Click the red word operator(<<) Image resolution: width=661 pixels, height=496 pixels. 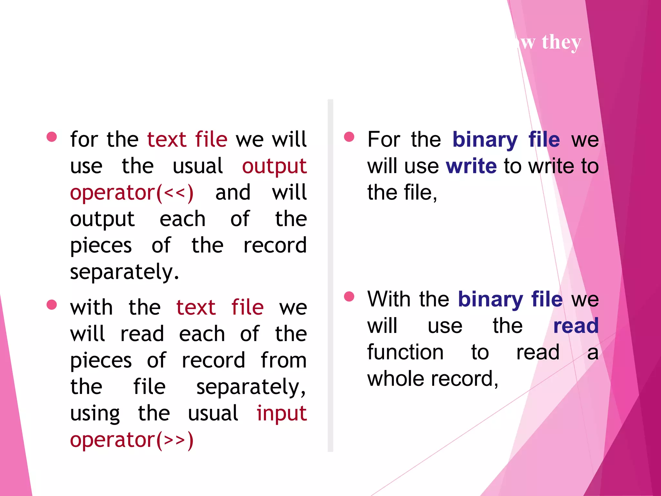point(132,193)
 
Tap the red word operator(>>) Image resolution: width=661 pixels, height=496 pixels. point(132,440)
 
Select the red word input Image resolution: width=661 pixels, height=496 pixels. point(281,414)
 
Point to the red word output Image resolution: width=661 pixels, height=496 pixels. point(274,166)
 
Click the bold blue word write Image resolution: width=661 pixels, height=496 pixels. point(471,166)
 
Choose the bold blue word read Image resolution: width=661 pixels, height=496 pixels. point(576,325)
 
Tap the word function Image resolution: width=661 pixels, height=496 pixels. point(405,352)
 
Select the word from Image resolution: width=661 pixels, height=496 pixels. point(284,360)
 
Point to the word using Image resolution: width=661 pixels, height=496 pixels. point(95,414)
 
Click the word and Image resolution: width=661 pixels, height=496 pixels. point(233,193)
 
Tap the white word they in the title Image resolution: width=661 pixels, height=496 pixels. point(561,42)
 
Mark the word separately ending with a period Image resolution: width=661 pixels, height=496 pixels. point(124,272)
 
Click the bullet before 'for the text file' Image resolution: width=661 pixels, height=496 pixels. point(52,137)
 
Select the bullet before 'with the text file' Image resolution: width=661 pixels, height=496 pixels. point(52,305)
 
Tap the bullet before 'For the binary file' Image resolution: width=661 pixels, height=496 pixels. point(349,137)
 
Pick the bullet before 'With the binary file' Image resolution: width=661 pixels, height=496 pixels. point(349,296)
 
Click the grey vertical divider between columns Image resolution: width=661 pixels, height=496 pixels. point(330,274)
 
